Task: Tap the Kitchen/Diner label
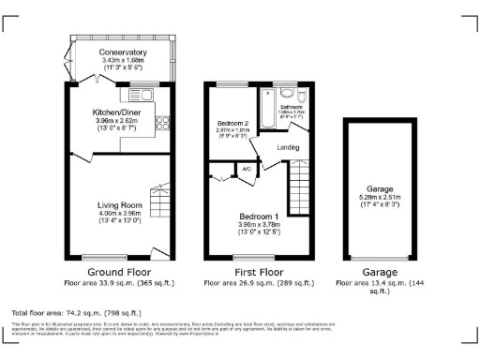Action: pyautogui.click(x=115, y=112)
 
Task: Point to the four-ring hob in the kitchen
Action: pyautogui.click(x=161, y=121)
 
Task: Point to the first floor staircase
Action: pyautogui.click(x=299, y=187)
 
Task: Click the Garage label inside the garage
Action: pyautogui.click(x=378, y=187)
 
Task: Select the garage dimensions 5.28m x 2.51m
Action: pyautogui.click(x=378, y=198)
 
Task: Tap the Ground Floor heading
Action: pyautogui.click(x=115, y=270)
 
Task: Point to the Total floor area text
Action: pyautogui.click(x=76, y=312)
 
